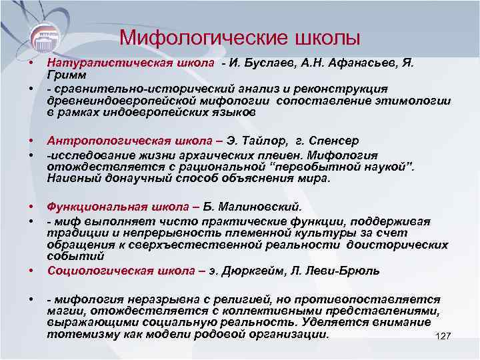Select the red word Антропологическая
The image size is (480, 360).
click(x=102, y=141)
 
